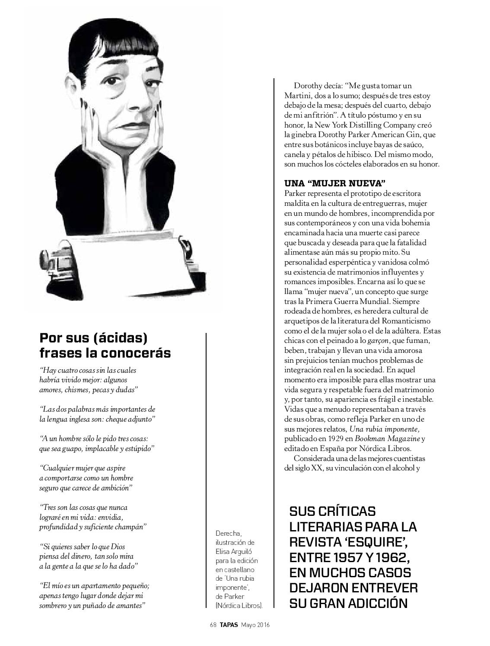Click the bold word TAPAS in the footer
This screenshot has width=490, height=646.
(229, 625)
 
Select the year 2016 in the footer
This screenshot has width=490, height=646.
(261, 625)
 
